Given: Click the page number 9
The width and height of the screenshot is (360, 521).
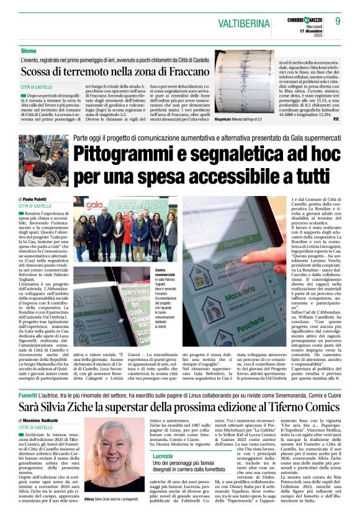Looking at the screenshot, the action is [338, 20].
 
